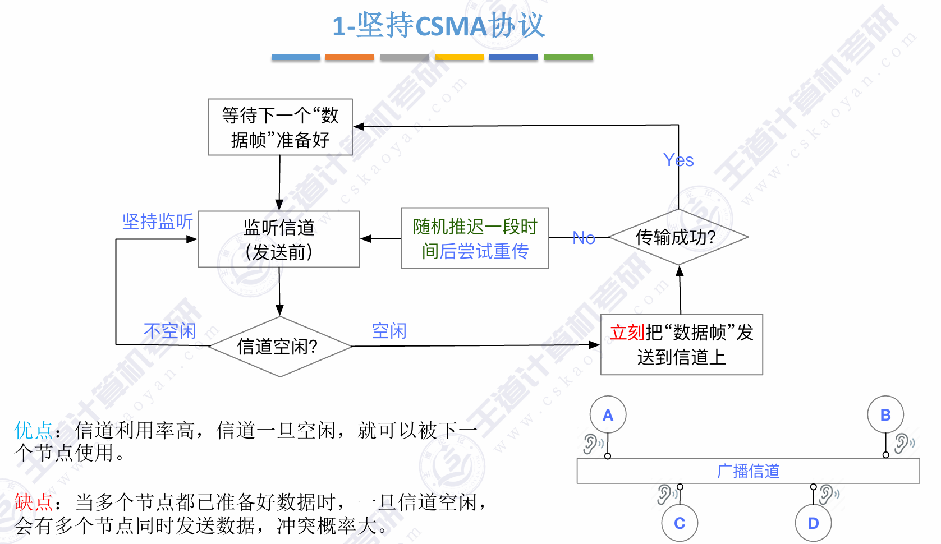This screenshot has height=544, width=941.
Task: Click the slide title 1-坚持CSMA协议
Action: (x=438, y=26)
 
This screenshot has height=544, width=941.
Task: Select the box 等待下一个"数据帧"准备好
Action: (x=280, y=127)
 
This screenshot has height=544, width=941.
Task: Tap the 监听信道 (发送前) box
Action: (x=279, y=239)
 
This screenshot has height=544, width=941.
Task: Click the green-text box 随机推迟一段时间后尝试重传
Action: (x=475, y=239)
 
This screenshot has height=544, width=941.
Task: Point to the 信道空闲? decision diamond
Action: (x=279, y=347)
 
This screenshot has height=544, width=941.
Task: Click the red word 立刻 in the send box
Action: (x=627, y=333)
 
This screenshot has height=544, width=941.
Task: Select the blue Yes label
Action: (x=678, y=160)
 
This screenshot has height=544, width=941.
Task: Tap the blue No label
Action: (x=584, y=238)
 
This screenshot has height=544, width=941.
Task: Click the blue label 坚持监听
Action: (x=158, y=222)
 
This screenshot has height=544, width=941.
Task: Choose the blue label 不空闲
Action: (x=169, y=331)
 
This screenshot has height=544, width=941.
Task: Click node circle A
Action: (x=608, y=415)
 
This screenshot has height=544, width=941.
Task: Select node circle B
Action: (x=885, y=415)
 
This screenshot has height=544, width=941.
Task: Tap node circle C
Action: (x=680, y=523)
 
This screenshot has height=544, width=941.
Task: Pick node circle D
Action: (x=813, y=523)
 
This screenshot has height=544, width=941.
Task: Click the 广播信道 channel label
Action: (x=748, y=471)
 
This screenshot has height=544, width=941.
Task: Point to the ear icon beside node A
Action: (x=591, y=444)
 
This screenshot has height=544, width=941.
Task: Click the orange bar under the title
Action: (x=349, y=57)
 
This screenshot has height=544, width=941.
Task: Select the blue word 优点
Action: (x=33, y=431)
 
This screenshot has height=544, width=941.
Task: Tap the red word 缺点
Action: (x=33, y=502)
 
